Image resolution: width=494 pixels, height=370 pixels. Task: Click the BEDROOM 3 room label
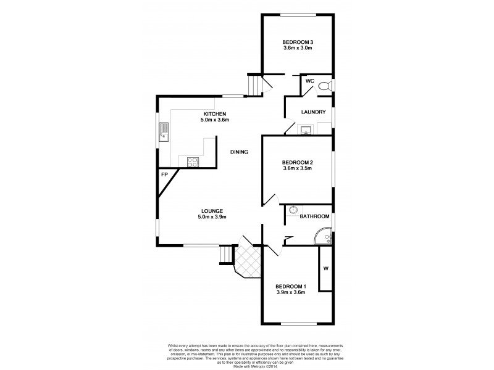coord(298,42)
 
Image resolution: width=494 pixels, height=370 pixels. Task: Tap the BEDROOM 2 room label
coord(298,162)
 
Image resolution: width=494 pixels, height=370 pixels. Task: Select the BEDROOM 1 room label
coord(290,286)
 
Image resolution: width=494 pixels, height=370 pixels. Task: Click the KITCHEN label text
coord(214,114)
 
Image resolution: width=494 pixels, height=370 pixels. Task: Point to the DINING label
coord(239,152)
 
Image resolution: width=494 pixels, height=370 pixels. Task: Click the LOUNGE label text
coord(212,211)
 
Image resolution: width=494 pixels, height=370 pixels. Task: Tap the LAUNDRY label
coord(313,112)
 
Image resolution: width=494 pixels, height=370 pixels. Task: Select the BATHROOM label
coord(313,217)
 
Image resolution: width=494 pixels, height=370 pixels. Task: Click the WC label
coord(310,81)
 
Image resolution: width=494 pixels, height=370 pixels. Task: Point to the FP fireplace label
coord(165,175)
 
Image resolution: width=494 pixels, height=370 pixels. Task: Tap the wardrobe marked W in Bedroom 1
coord(325,268)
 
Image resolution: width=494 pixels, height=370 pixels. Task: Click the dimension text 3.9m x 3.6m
coord(290,292)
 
